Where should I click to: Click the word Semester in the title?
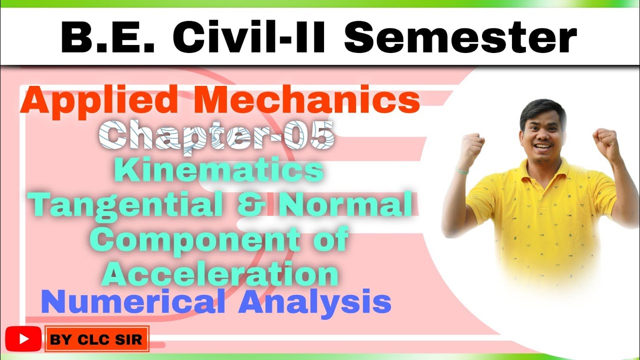point(460,38)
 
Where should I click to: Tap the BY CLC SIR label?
point(96,340)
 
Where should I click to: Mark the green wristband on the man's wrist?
point(463,171)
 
